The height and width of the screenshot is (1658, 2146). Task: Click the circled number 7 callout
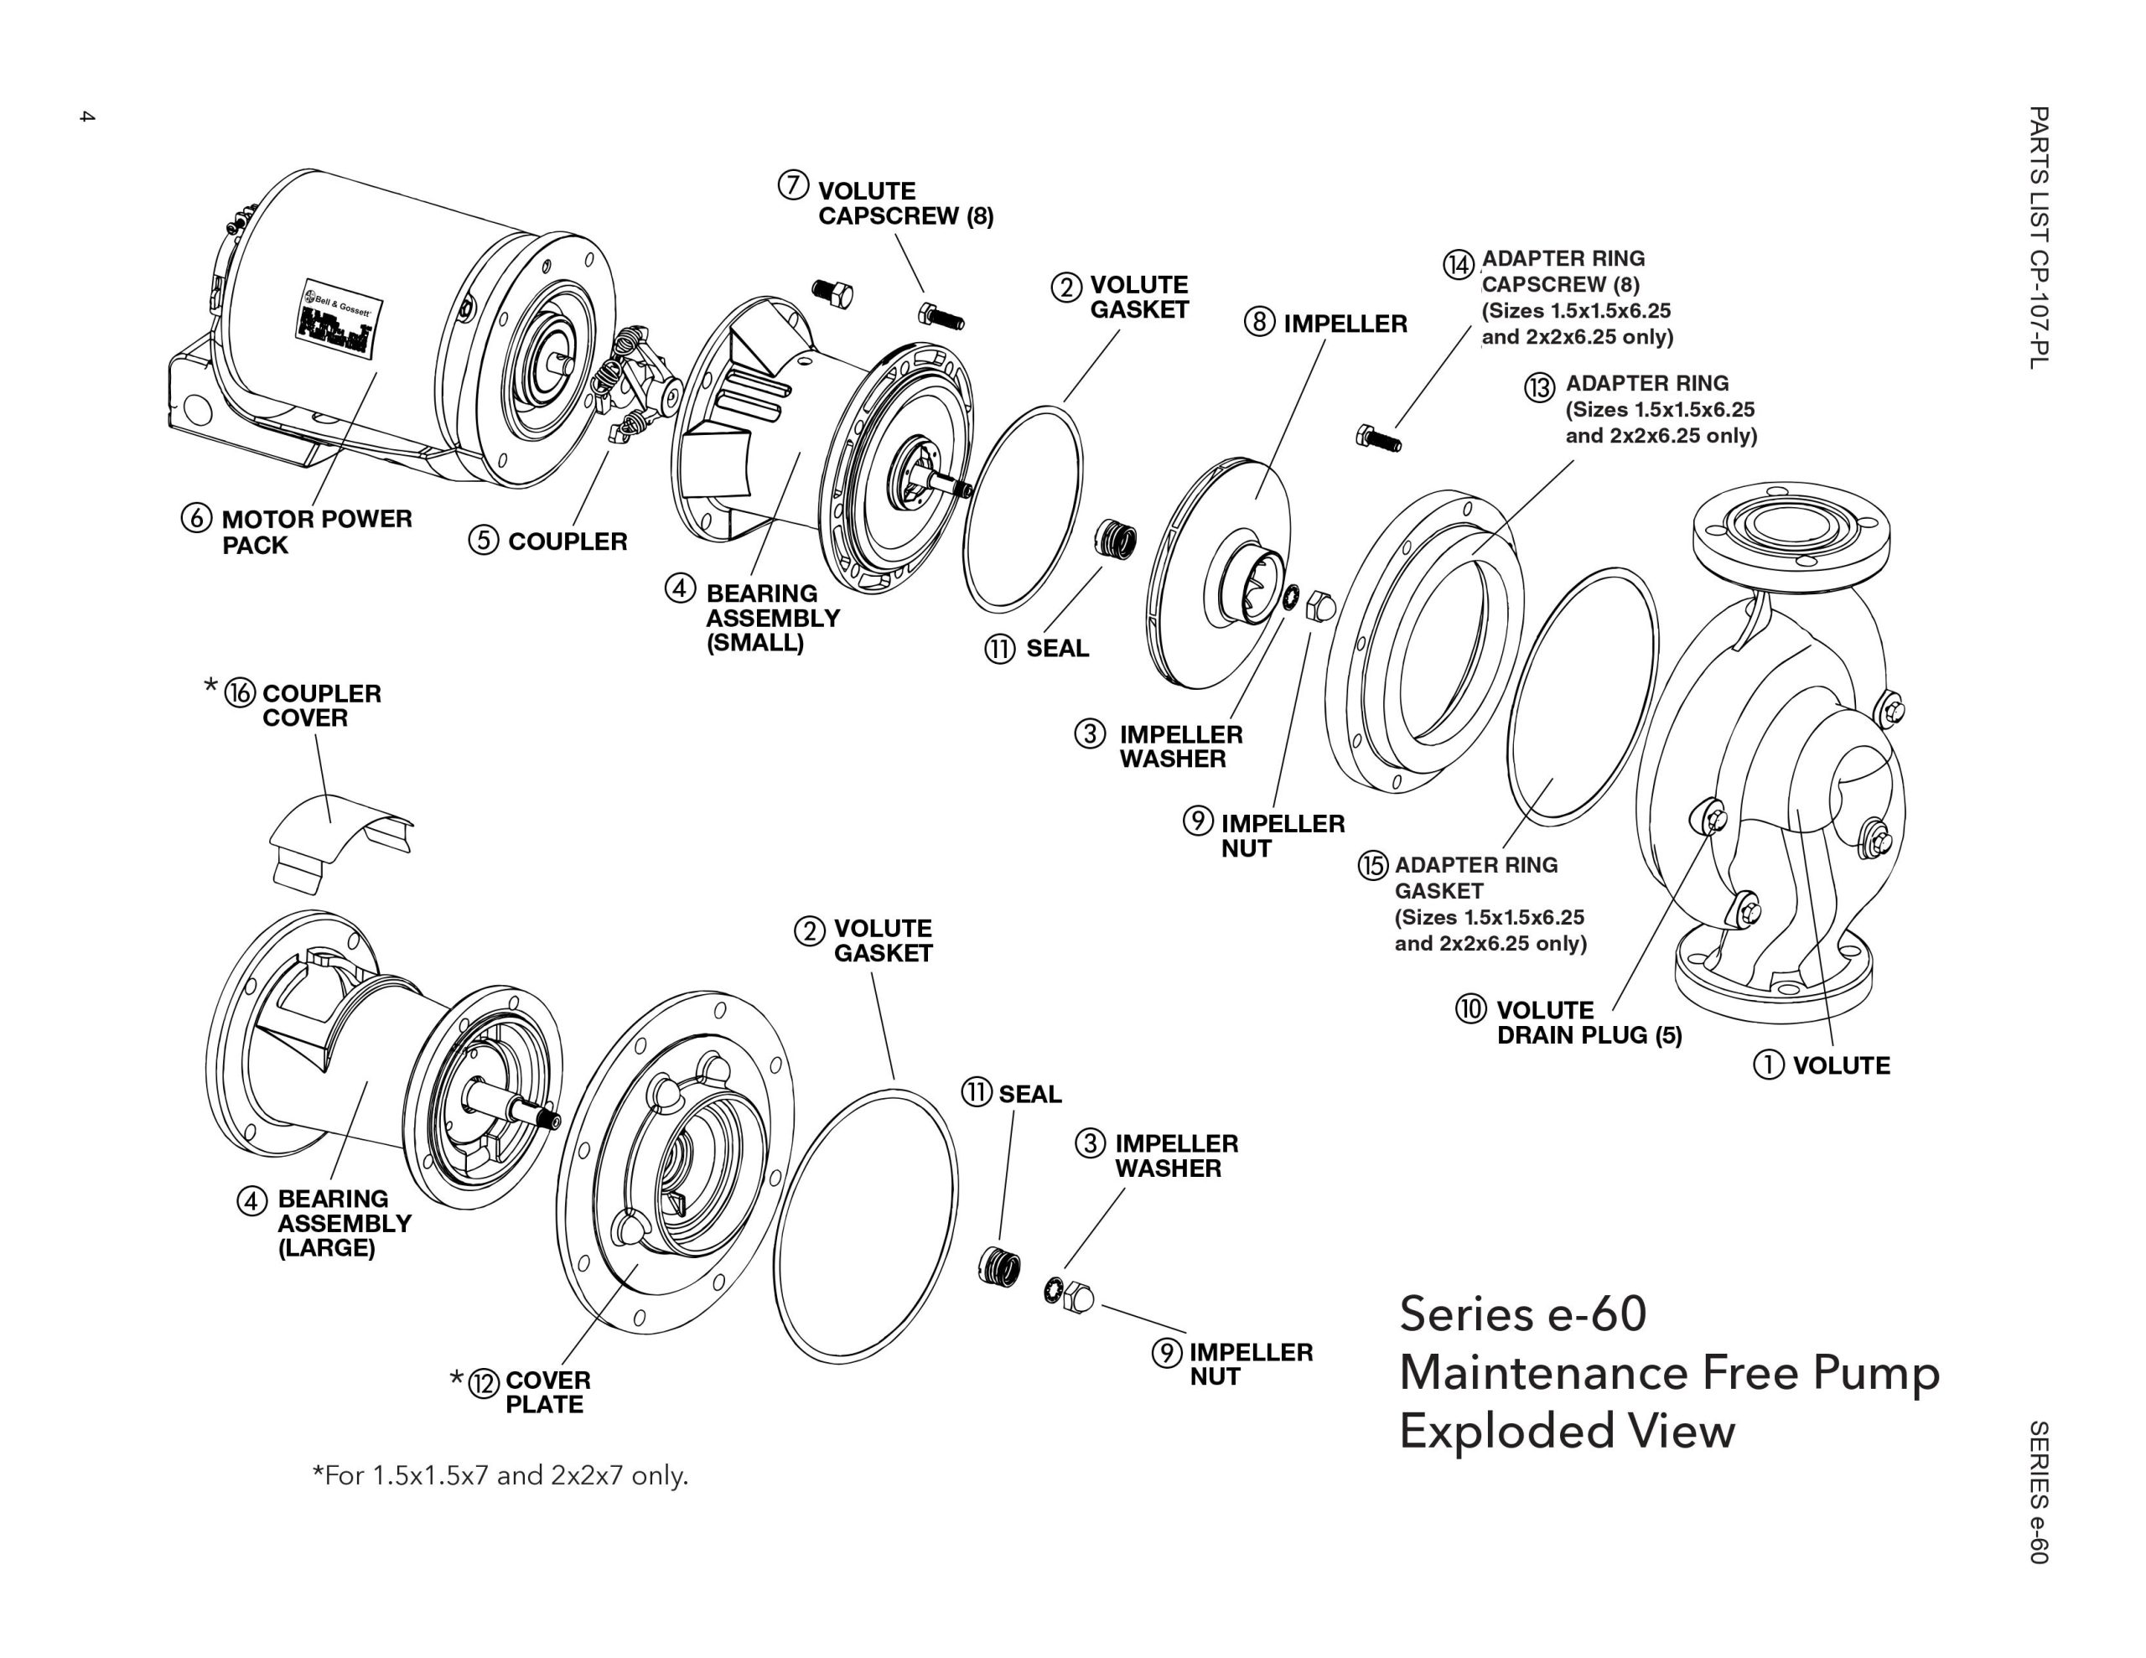coord(793,184)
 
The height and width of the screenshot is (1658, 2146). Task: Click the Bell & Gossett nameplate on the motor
coord(339,321)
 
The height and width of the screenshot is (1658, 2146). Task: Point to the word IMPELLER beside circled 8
coord(1345,324)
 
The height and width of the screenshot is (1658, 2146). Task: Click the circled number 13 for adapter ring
coord(1539,387)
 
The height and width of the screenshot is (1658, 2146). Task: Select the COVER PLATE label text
coord(547,1391)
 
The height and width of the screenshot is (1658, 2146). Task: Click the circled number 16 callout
coord(240,693)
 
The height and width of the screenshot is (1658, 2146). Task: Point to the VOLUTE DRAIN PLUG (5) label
coord(1588,1022)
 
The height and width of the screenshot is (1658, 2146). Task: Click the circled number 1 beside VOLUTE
coord(1768,1065)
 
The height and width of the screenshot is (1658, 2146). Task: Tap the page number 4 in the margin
coord(86,117)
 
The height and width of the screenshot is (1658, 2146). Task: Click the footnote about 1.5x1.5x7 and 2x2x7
coord(500,1475)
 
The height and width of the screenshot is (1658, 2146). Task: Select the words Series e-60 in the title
coord(1522,1314)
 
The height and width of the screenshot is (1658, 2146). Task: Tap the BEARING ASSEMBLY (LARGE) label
coord(343,1223)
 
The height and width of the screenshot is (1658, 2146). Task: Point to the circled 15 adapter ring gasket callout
coord(1373,865)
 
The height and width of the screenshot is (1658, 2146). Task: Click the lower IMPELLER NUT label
coord(1250,1364)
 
